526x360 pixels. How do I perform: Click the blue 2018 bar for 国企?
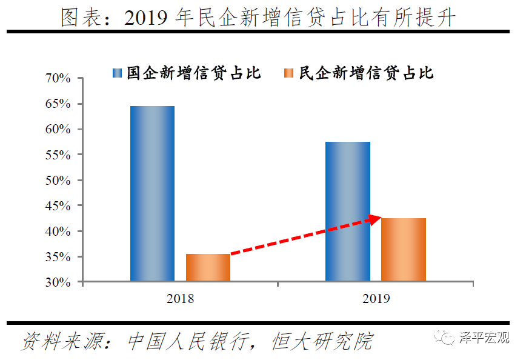click(x=152, y=193)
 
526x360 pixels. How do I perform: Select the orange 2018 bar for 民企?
click(x=208, y=267)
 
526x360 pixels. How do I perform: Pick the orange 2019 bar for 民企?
click(x=404, y=249)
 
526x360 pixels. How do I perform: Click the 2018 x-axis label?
click(x=180, y=298)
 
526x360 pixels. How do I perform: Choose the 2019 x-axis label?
click(x=376, y=298)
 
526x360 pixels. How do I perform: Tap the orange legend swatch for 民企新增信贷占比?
click(x=288, y=74)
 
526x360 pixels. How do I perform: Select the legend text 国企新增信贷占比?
click(x=194, y=74)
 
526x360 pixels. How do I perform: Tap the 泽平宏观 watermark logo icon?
click(x=448, y=338)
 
